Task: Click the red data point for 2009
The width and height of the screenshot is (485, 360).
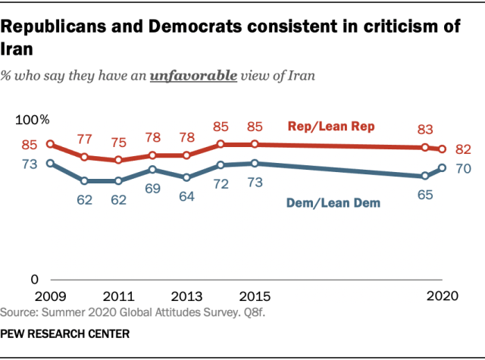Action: [50, 144]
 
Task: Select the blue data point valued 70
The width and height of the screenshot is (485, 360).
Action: [443, 168]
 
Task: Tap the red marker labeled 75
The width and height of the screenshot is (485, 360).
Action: [118, 160]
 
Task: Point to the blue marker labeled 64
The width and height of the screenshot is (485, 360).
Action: [186, 177]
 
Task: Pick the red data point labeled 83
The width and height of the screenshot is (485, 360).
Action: [425, 147]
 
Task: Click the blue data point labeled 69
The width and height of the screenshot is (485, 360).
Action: [152, 170]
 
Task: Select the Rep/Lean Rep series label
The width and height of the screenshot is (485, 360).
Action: [331, 126]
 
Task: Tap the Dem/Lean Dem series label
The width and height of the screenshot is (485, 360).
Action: [333, 203]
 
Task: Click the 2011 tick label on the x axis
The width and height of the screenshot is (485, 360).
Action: [118, 296]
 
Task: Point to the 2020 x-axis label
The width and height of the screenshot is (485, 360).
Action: [443, 296]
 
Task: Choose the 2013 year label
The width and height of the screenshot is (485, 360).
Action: [186, 296]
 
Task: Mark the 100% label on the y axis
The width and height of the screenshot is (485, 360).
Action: [33, 120]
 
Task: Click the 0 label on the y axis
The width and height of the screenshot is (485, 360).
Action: [35, 280]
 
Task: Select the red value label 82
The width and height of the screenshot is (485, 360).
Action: [463, 149]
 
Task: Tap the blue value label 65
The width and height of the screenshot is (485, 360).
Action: [425, 195]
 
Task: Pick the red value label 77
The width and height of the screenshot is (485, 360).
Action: [84, 139]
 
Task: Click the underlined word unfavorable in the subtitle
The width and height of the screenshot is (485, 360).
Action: [194, 76]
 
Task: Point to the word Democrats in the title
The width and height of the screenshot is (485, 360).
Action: [196, 27]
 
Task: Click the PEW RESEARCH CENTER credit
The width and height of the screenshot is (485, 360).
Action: [65, 334]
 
